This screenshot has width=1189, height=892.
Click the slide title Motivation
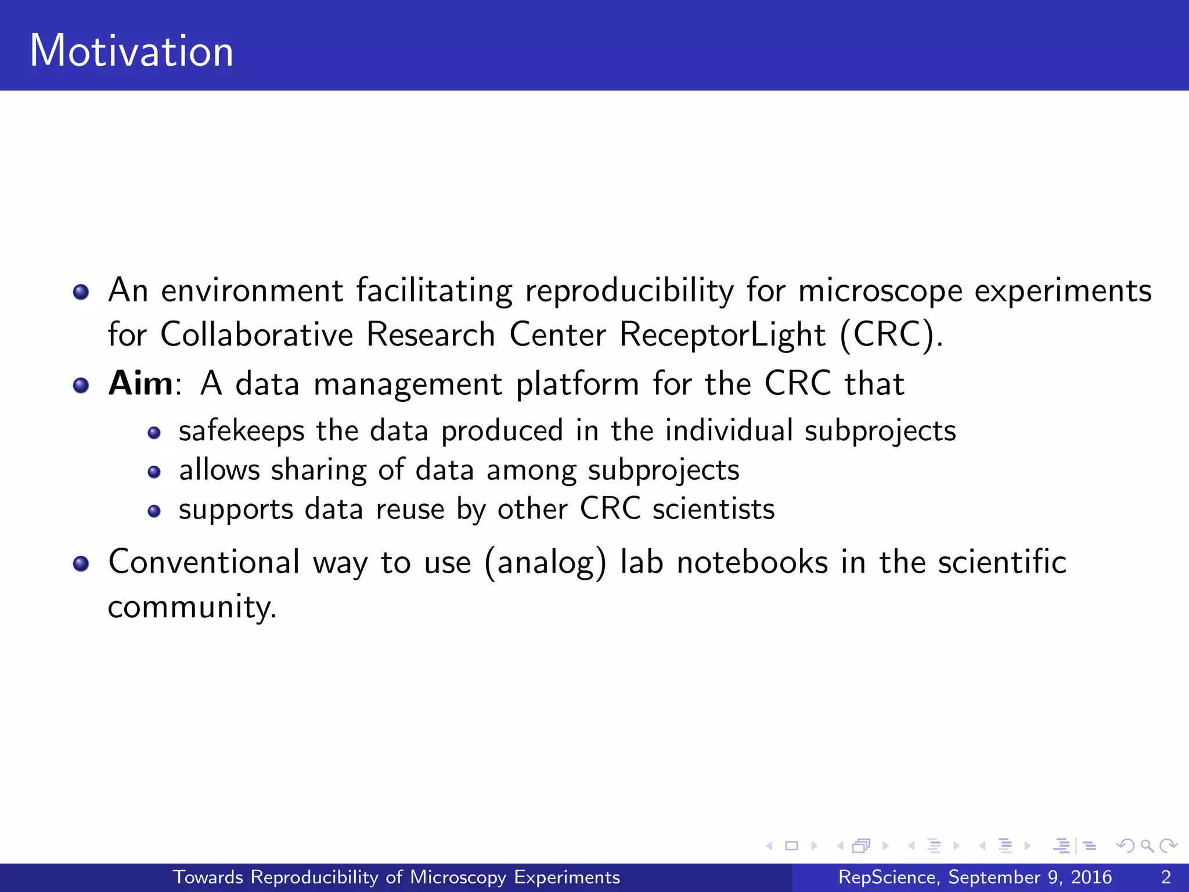tap(132, 51)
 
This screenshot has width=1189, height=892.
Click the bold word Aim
tap(140, 384)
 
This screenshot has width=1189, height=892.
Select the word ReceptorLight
tap(722, 335)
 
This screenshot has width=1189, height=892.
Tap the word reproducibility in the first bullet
tap(629, 290)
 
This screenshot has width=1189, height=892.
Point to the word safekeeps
tap(242, 431)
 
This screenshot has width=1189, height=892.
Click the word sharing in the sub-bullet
tap(319, 470)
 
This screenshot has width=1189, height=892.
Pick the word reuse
tap(410, 509)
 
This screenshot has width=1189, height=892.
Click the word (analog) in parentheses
tap(545, 563)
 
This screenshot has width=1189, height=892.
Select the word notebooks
tap(752, 562)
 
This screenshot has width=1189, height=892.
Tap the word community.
tap(192, 607)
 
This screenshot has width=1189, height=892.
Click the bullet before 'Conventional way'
tap(81, 563)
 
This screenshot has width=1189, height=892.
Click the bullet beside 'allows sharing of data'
tap(154, 472)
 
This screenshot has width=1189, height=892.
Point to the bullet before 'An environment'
tap(81, 292)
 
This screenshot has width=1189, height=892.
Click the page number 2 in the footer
tap(1165, 877)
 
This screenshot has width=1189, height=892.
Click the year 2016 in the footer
tap(1091, 877)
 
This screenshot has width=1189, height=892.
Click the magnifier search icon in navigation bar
tap(1147, 846)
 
